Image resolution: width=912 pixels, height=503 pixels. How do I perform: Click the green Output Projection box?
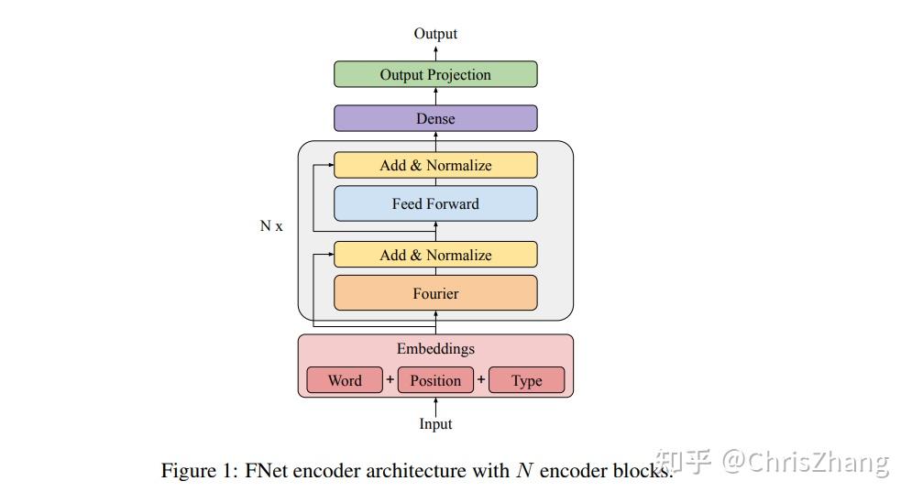click(435, 75)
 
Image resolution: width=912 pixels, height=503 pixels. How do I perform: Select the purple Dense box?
click(435, 119)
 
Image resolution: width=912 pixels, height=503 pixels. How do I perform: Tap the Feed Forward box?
click(435, 203)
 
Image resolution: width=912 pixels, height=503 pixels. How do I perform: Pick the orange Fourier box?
click(435, 294)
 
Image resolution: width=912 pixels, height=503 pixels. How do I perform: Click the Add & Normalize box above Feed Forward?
click(435, 166)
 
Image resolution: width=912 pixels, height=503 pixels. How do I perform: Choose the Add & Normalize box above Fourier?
click(435, 256)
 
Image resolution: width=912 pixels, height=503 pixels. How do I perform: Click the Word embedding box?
click(344, 380)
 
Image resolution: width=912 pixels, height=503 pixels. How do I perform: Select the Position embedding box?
click(435, 380)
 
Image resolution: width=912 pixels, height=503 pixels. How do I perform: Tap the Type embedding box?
click(526, 380)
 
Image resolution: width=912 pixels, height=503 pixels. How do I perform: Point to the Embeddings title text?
click(435, 349)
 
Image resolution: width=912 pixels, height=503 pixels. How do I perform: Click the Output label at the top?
click(435, 34)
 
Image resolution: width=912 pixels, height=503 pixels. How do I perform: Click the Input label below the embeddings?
click(435, 424)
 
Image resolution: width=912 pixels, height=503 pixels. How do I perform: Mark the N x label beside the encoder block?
click(271, 225)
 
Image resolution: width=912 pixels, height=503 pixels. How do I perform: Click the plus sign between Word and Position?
click(390, 379)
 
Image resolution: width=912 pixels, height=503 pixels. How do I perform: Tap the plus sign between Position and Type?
click(481, 379)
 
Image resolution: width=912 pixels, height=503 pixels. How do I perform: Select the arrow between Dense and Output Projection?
click(435, 96)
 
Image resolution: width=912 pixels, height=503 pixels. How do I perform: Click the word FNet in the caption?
click(269, 471)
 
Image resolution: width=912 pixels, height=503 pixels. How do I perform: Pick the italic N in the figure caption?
click(524, 471)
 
